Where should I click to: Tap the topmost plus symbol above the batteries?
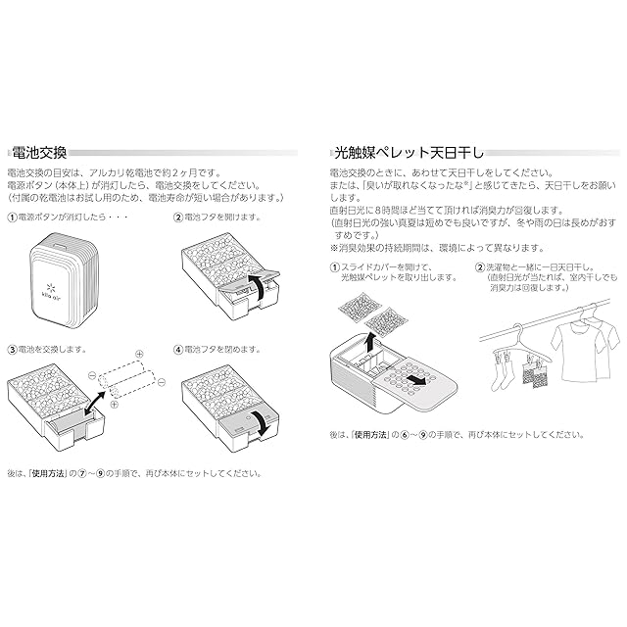pyautogui.click(x=138, y=355)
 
